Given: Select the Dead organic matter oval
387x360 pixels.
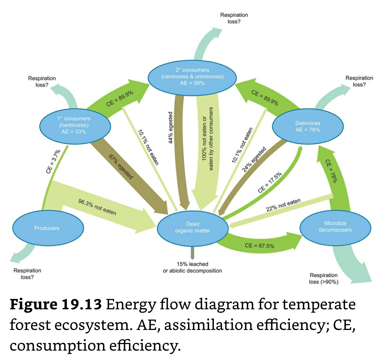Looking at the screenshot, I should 192,227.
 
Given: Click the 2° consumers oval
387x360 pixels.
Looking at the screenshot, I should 192,76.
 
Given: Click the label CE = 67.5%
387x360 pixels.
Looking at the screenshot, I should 259,246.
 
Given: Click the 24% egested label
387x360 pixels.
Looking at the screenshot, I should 254,159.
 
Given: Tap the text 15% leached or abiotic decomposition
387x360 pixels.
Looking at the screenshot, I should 192,267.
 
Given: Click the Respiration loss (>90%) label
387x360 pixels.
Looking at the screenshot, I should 324,279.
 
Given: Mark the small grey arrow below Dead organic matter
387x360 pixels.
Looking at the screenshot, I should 192,251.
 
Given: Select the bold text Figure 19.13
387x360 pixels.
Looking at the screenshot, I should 55,305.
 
